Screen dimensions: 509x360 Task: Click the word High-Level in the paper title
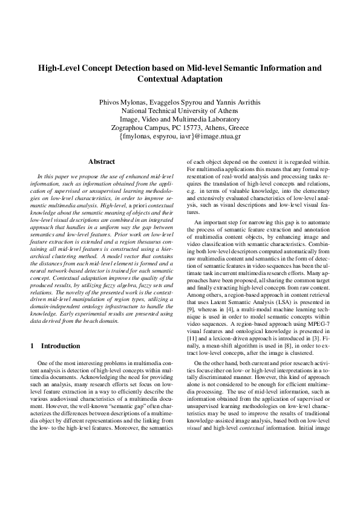click(x=60, y=68)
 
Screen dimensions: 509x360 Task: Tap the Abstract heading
click(x=102, y=161)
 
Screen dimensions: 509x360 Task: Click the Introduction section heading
click(x=59, y=346)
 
